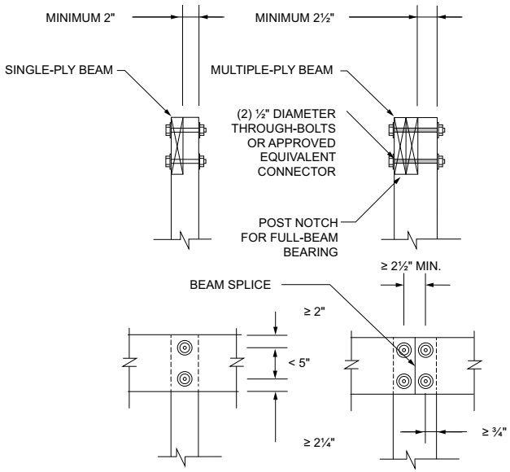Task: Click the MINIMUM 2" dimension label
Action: point(81,18)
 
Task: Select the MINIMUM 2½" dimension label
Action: point(294,18)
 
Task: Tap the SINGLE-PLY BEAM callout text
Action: point(59,70)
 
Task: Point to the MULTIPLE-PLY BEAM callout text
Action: point(272,70)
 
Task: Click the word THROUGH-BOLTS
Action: point(284,129)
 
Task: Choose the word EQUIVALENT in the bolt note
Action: point(298,157)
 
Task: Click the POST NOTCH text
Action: point(299,223)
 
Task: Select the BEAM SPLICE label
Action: point(230,285)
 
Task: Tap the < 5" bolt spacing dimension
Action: point(299,363)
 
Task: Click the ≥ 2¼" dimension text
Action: point(319,443)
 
